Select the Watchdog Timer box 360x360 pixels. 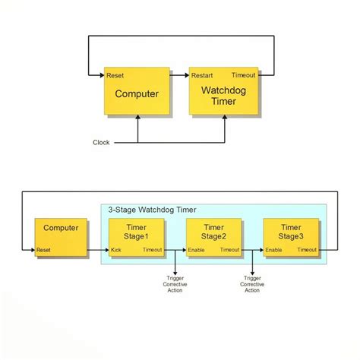(x=223, y=95)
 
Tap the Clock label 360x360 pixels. (x=101, y=142)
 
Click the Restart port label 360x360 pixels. (x=202, y=75)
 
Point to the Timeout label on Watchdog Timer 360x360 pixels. (x=244, y=75)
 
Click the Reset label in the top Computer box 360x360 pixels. (x=115, y=75)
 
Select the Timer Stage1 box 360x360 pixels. (x=136, y=236)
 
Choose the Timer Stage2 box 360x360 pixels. (x=213, y=236)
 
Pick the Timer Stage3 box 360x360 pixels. (x=290, y=236)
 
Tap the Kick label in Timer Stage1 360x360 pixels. (x=116, y=250)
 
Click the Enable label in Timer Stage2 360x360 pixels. (x=197, y=250)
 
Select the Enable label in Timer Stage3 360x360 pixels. (x=273, y=250)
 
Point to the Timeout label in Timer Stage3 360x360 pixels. (x=307, y=250)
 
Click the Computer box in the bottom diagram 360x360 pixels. (x=61, y=236)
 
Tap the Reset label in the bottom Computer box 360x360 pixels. (x=44, y=250)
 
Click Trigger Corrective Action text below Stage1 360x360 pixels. (x=175, y=283)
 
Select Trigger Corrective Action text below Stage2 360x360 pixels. (x=252, y=283)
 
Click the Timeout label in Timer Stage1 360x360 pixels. (x=153, y=250)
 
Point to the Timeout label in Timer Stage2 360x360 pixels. (x=230, y=250)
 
